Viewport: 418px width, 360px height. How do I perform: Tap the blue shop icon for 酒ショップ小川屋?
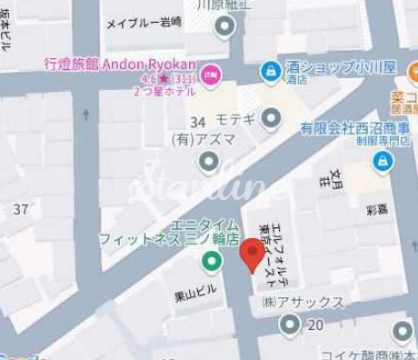(x=270, y=70)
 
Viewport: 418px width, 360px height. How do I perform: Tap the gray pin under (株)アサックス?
(x=290, y=323)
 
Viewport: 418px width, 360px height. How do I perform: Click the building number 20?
(x=315, y=325)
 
